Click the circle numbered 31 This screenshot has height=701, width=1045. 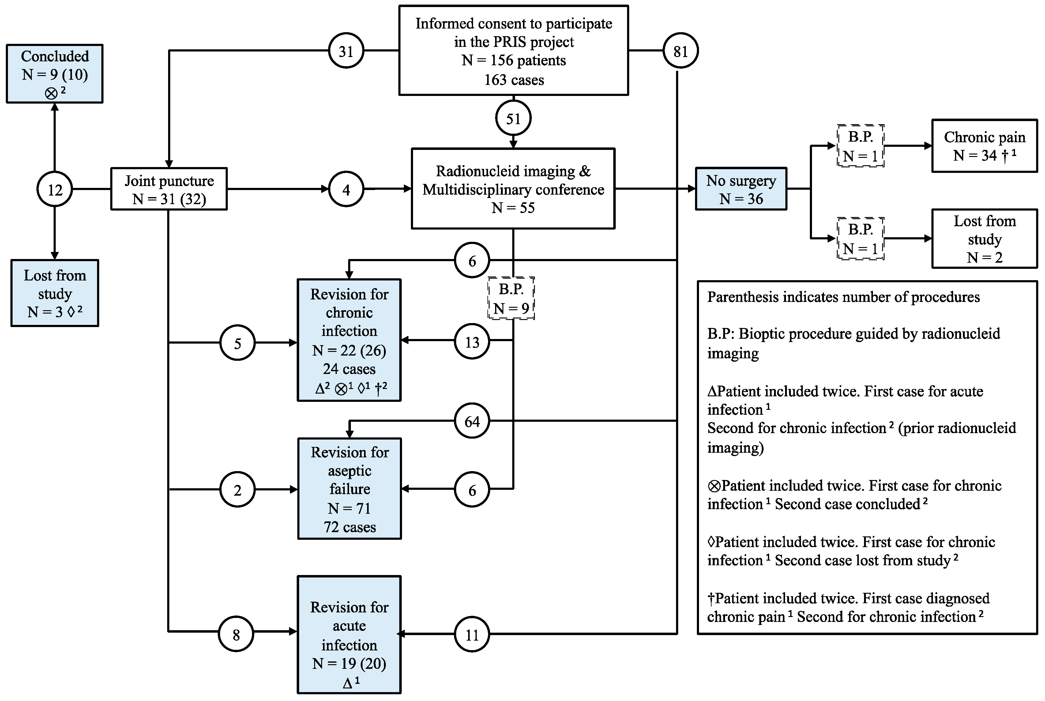point(346,51)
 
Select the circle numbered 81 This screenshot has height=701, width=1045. point(680,51)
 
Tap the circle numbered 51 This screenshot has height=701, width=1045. point(513,119)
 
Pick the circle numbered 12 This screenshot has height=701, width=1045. point(55,189)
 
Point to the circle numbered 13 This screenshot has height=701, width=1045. point(472,342)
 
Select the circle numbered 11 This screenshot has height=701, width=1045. point(472,634)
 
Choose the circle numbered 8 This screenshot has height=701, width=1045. point(236,634)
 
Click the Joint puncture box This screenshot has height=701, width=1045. point(169,189)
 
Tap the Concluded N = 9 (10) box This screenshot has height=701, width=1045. point(55,74)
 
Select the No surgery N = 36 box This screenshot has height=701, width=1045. point(741,189)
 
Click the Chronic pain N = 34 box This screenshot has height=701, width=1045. point(984,146)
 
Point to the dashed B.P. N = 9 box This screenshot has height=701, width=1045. point(511,298)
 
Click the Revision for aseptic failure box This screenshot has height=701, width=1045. point(349,489)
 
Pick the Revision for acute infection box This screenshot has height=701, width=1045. point(349,634)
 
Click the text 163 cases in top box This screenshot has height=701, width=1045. point(514,80)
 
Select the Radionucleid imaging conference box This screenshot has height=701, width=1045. point(513,189)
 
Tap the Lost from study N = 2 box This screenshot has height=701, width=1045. point(984,239)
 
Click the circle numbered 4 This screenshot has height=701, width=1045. point(346,189)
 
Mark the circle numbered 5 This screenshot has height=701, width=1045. point(238,343)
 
